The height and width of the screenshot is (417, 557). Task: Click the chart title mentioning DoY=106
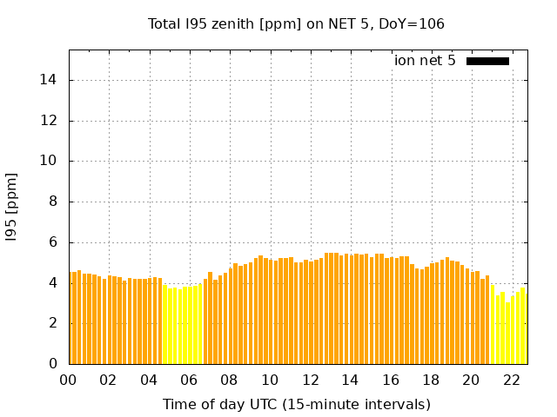coord(296,23)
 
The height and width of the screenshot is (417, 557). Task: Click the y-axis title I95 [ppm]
coord(12,207)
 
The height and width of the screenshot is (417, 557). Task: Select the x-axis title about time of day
coord(296,404)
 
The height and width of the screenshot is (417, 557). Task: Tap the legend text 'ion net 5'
coord(425,61)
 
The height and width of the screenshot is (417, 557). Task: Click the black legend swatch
coord(487,61)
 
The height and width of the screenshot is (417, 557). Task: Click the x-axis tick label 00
coord(69,380)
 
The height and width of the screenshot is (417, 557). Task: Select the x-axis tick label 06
coord(190,380)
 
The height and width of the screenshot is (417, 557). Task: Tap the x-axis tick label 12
coord(311,380)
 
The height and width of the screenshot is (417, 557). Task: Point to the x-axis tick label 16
coord(391,380)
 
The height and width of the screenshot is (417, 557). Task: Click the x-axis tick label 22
coord(512,380)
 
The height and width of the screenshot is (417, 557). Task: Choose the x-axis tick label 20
coord(472,380)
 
